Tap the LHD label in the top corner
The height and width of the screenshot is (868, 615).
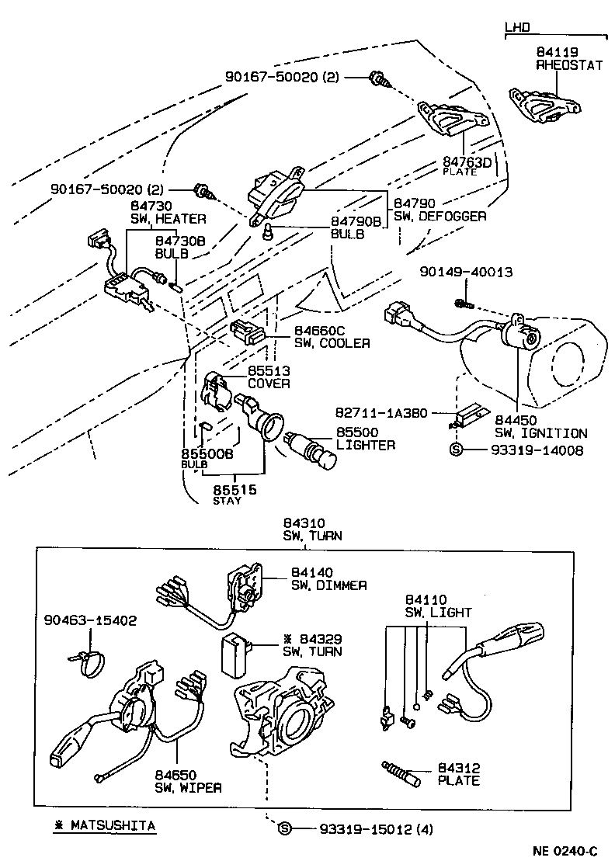pos(517,28)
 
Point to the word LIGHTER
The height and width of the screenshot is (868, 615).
pos(366,445)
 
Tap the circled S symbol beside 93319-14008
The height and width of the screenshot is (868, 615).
pos(457,450)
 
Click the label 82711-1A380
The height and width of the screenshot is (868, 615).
pos(381,414)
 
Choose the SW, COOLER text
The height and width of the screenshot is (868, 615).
pos(332,342)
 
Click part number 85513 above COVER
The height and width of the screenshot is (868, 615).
pos(269,371)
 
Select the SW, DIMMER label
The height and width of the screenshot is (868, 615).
pos(329,585)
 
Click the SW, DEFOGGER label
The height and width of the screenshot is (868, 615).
pos(440,216)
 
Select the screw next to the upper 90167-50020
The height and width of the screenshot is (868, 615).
pos(380,78)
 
